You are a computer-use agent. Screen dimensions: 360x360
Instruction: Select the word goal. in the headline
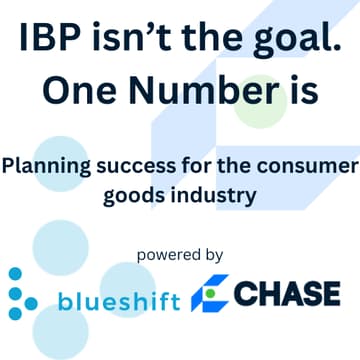tap(287, 40)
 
